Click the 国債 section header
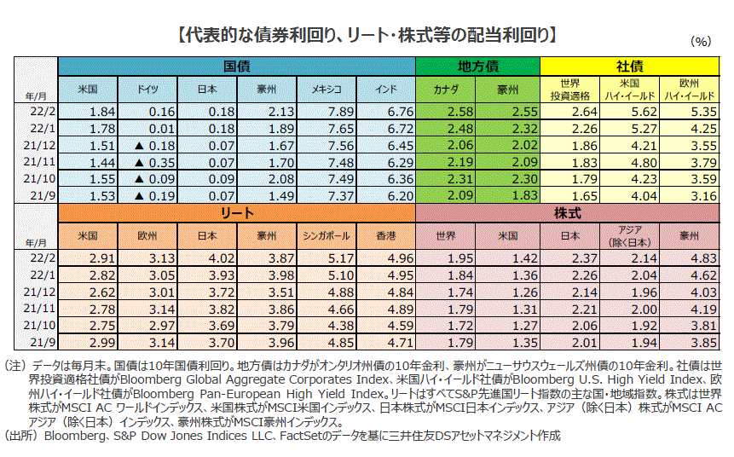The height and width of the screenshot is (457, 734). (236, 66)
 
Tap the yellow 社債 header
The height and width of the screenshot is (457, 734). (630, 66)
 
